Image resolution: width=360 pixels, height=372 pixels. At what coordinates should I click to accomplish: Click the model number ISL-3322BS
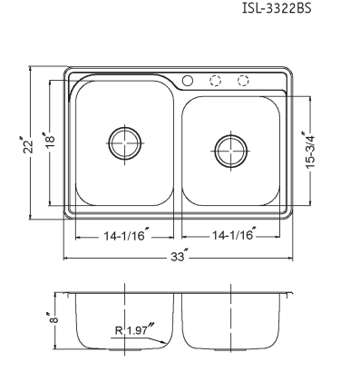pyautogui.click(x=277, y=8)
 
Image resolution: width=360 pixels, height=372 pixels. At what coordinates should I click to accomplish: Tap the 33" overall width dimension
pyautogui.click(x=180, y=256)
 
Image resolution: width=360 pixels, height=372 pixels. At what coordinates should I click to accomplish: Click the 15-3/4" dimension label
pyautogui.click(x=308, y=150)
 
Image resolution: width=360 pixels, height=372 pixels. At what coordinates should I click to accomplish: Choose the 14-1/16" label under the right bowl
pyautogui.click(x=234, y=234)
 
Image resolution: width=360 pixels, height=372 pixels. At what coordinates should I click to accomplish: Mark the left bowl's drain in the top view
pyautogui.click(x=125, y=143)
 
